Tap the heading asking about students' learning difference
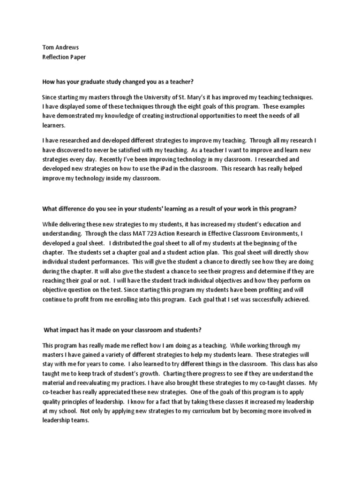click(x=173, y=208)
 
